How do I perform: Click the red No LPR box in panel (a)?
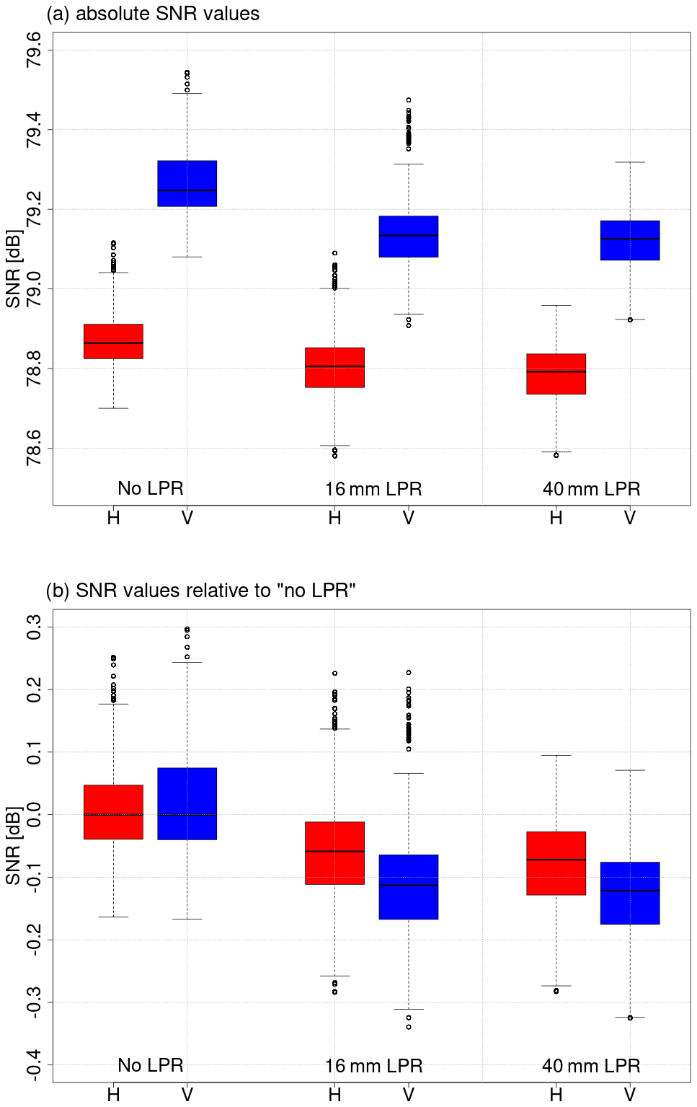coord(113,341)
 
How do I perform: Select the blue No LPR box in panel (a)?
coord(187,183)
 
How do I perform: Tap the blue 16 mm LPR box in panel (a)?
coord(408,237)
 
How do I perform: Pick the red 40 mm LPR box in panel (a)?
coord(556,374)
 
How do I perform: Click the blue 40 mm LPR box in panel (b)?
coord(629,893)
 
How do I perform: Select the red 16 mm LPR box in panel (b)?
coord(334,852)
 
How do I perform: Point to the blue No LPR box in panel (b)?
coord(187,803)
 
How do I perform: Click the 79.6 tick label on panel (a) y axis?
coord(34,50)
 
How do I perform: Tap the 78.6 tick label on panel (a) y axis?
coord(34,448)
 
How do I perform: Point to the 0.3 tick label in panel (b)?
coord(34,627)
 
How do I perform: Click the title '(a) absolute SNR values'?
coord(153,14)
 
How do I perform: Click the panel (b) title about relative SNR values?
coord(200,591)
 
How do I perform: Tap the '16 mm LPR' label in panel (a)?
coord(373,489)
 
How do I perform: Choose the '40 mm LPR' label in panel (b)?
coord(591,1066)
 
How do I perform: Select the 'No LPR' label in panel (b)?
coord(151,1065)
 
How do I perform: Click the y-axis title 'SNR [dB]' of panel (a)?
coord(13,269)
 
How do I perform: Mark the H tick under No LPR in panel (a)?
coord(113,518)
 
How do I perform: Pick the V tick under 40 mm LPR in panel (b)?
coord(629,1095)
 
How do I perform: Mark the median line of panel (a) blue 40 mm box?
coord(629,238)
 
